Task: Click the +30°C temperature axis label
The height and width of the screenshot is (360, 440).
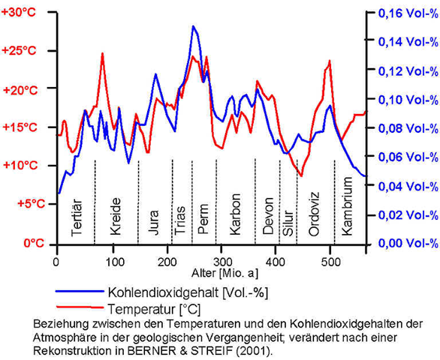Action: [x=19, y=13]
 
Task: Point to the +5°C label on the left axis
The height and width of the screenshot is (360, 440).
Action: [x=31, y=204]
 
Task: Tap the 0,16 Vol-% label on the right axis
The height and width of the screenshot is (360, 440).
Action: [x=408, y=13]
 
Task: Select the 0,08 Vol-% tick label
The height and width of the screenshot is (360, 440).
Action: [x=408, y=129]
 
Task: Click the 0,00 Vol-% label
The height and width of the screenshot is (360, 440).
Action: [x=408, y=243]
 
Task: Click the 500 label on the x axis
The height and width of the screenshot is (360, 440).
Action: [x=331, y=262]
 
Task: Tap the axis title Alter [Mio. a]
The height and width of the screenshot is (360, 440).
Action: [x=225, y=273]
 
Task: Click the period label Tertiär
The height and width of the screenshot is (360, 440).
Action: [x=77, y=217]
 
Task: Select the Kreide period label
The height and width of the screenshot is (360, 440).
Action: [x=116, y=216]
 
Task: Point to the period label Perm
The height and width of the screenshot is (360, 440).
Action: [x=203, y=219]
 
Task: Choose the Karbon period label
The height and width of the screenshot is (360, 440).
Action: [x=235, y=214]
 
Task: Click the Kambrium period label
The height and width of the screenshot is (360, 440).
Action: [x=347, y=206]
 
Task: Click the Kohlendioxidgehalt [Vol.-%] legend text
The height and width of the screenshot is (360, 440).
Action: [x=188, y=292]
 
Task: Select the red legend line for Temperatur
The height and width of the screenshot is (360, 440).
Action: [x=80, y=307]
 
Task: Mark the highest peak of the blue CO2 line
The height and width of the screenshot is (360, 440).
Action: [x=193, y=26]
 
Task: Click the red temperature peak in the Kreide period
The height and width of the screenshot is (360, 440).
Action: [x=102, y=53]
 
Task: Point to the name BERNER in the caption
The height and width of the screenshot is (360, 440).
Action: [x=146, y=351]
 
